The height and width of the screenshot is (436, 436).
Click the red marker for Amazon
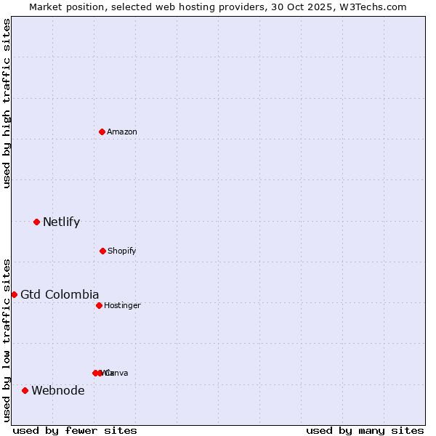click(x=102, y=132)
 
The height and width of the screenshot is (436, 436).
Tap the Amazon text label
click(x=122, y=132)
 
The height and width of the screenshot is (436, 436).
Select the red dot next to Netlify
click(x=36, y=222)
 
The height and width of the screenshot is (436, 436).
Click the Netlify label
click(x=61, y=222)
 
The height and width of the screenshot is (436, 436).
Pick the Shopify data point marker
click(x=102, y=251)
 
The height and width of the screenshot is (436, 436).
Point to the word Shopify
click(x=122, y=251)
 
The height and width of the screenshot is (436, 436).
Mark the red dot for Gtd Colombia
click(x=14, y=294)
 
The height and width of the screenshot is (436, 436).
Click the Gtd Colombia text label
click(x=60, y=294)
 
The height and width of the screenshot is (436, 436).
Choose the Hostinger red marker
click(x=99, y=305)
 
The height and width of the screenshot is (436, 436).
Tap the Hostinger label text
click(x=122, y=305)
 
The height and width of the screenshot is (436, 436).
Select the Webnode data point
click(x=25, y=390)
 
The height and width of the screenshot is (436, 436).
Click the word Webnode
click(x=58, y=391)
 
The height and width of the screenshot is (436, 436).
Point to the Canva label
click(x=117, y=373)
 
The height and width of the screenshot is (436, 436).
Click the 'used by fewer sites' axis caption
click(x=75, y=430)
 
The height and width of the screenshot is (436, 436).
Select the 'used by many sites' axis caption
click(x=365, y=430)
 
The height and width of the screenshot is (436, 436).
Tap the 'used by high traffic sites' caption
click(x=7, y=103)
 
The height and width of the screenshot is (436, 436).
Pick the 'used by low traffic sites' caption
click(x=7, y=340)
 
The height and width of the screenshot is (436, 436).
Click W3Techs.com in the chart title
click(x=374, y=7)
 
